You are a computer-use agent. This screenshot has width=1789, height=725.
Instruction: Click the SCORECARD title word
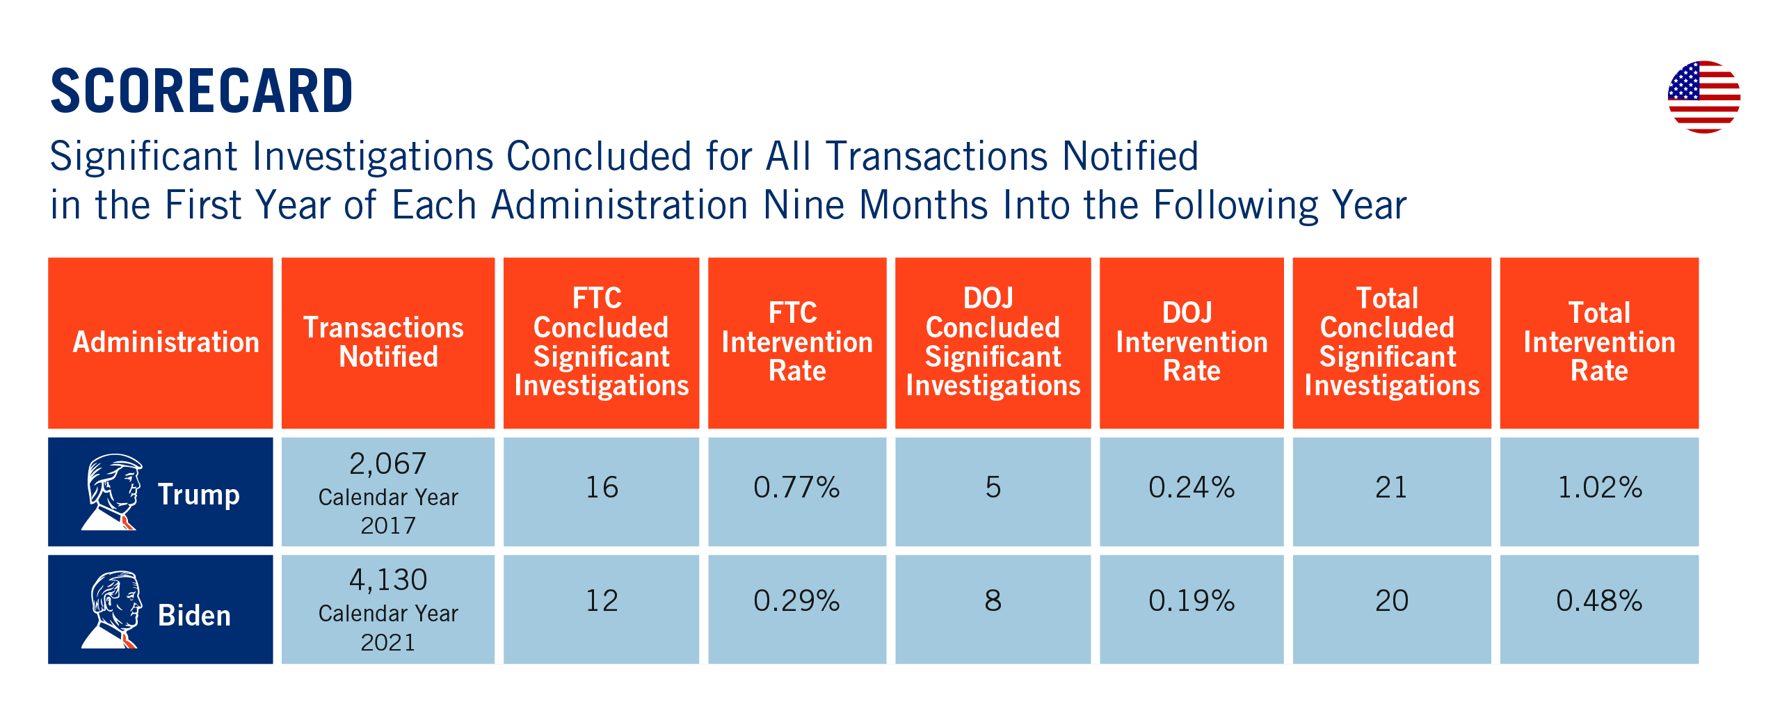click(x=202, y=91)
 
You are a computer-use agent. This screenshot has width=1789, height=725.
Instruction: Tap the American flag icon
click(x=1703, y=97)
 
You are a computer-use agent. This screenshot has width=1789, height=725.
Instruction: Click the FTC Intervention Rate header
click(x=797, y=342)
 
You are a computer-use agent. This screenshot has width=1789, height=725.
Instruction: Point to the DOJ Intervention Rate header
click(x=1192, y=342)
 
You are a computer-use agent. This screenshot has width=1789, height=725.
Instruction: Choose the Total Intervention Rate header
click(x=1599, y=342)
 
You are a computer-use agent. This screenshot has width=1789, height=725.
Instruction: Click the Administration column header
click(x=166, y=342)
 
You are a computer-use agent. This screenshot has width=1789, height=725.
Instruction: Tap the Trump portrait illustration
click(x=113, y=492)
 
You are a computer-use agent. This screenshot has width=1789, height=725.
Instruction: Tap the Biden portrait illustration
click(x=113, y=610)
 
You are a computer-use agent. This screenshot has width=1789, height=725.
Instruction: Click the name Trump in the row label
click(x=199, y=495)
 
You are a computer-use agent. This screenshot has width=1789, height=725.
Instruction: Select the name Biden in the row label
click(x=194, y=616)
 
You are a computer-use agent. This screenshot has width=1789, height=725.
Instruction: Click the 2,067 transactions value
click(x=387, y=464)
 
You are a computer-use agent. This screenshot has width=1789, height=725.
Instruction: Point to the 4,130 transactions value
click(x=387, y=580)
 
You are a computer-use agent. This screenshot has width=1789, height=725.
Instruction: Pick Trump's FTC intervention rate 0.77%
click(x=797, y=487)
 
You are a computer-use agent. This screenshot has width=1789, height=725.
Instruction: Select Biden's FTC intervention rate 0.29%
click(x=797, y=600)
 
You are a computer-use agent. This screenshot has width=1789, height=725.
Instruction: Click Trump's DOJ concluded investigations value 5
click(x=993, y=487)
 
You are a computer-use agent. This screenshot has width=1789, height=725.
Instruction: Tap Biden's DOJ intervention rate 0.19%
click(x=1192, y=600)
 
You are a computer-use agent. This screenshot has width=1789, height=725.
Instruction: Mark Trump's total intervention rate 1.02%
click(x=1600, y=487)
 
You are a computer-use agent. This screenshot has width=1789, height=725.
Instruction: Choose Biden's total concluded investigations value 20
click(x=1392, y=600)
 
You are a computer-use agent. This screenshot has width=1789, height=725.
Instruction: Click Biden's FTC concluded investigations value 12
click(x=602, y=600)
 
